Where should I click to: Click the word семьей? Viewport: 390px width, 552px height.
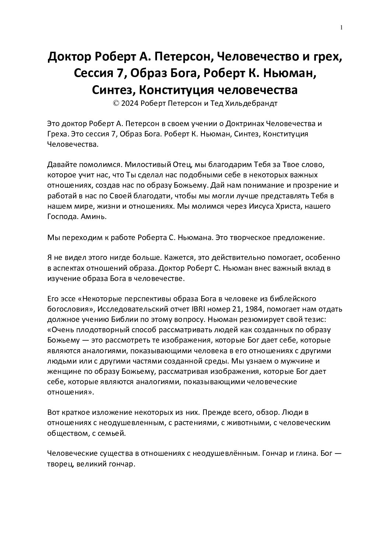pyautogui.click(x=114, y=434)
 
